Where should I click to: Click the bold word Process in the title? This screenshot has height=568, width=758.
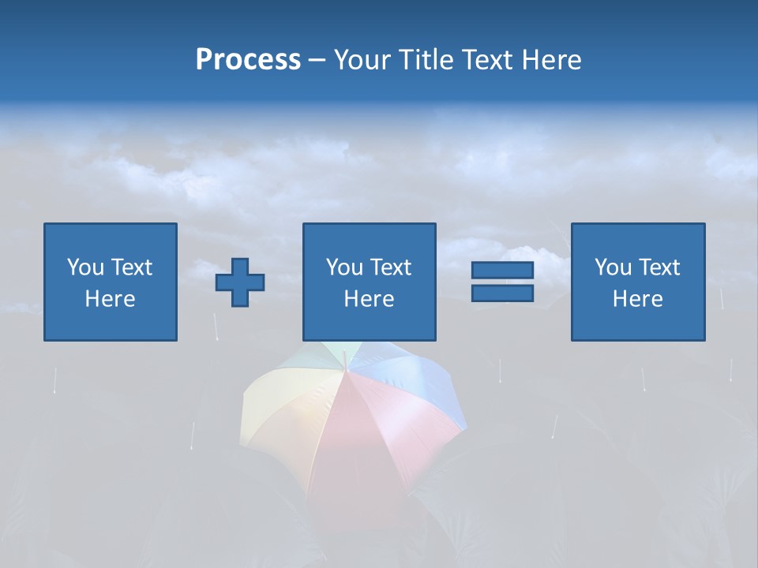(x=248, y=60)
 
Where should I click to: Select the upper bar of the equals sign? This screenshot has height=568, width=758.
(x=502, y=270)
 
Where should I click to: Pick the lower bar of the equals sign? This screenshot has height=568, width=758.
(x=502, y=293)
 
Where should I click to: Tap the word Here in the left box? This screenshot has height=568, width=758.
(x=110, y=299)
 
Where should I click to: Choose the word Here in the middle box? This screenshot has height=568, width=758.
(x=369, y=299)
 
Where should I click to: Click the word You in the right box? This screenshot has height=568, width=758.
(x=613, y=267)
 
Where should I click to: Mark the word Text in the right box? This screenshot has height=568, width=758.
(x=658, y=267)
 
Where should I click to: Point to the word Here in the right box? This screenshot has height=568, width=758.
(x=637, y=299)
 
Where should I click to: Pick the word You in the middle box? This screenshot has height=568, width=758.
(x=344, y=267)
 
